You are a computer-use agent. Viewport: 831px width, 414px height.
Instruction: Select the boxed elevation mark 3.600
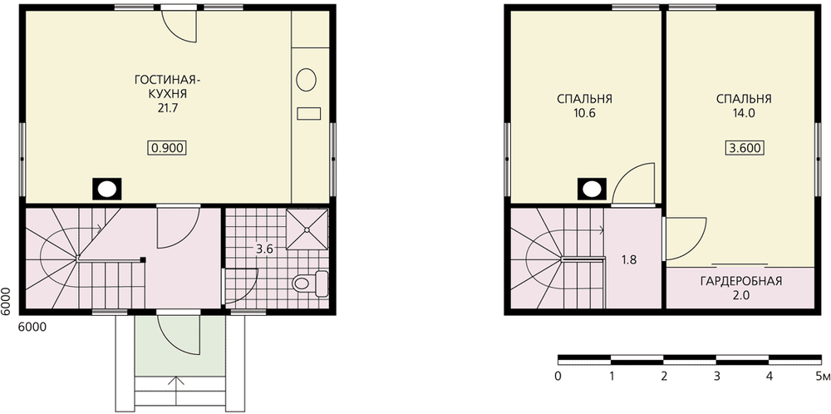[744, 149]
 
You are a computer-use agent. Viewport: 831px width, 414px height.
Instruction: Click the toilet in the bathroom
[311, 283]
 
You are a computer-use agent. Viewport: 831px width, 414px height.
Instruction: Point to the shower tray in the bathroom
[307, 229]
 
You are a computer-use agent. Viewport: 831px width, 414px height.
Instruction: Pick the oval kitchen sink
[307, 80]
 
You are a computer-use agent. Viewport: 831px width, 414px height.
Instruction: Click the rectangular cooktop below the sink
[309, 113]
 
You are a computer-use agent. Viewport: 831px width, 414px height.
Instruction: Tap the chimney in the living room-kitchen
[107, 189]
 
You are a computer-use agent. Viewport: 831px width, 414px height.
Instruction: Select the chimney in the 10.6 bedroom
[592, 189]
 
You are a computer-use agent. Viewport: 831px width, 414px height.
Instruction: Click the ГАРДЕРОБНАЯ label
[741, 281]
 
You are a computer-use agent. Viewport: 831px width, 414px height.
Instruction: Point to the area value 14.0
[744, 113]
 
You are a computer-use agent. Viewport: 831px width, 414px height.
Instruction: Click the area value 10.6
[584, 113]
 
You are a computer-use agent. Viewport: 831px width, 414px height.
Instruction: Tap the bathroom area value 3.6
[264, 249]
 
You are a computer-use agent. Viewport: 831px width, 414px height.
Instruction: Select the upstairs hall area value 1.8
[628, 259]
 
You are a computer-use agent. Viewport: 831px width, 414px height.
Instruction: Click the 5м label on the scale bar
[823, 377]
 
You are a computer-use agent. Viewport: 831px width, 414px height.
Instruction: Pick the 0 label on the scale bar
[558, 377]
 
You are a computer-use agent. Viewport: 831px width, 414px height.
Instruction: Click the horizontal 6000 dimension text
[32, 327]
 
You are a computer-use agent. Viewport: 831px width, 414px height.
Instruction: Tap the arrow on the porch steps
[175, 383]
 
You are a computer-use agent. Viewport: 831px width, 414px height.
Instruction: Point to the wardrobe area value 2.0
[741, 296]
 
